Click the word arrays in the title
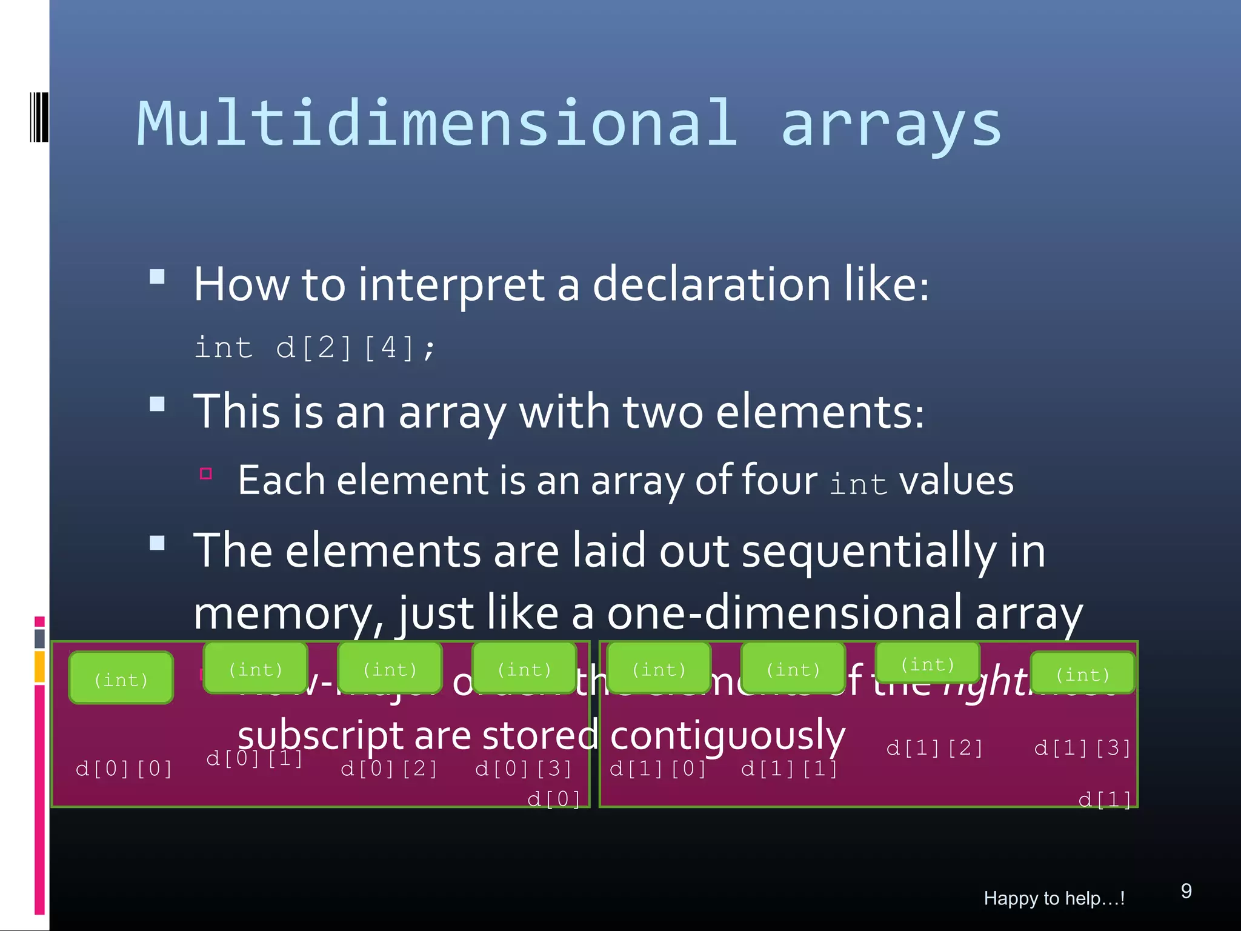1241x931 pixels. coord(891,124)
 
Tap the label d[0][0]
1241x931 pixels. coord(124,769)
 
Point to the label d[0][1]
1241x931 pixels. coord(255,758)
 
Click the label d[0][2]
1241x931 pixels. coord(389,769)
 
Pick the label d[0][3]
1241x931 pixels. coord(524,769)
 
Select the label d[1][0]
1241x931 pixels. coord(658,769)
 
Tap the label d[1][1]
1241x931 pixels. coord(790,769)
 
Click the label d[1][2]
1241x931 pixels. coord(934,748)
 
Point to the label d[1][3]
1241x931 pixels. coord(1082,748)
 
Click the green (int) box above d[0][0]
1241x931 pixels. coord(121,678)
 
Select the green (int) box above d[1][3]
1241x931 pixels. coord(1082,673)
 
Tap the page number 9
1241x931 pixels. coord(1186,890)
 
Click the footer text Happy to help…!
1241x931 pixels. coord(1054,898)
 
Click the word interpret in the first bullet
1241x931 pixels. coord(451,285)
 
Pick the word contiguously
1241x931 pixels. coord(727,736)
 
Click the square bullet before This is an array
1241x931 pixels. coord(158,404)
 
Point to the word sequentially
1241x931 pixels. coord(868,551)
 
